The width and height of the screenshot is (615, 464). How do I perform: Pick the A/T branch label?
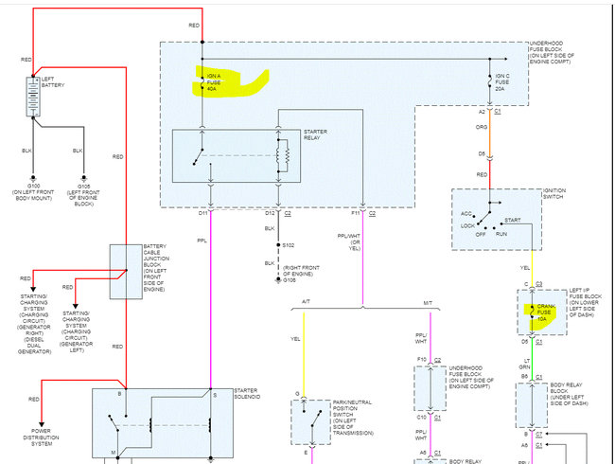307,302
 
